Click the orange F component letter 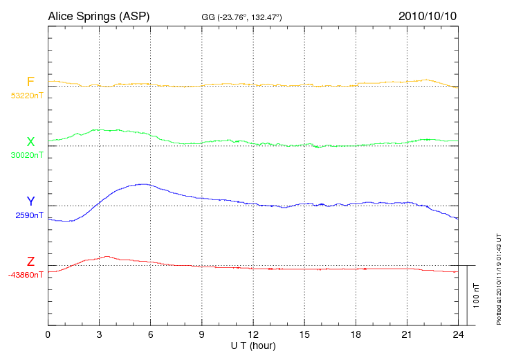point(30,82)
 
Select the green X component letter point(30,142)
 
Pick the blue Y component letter point(30,201)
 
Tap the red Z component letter point(30,262)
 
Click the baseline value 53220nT point(27,96)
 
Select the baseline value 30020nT point(27,155)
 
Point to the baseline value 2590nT point(29,215)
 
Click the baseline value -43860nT point(27,275)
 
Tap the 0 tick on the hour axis point(48,334)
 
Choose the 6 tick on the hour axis point(150,334)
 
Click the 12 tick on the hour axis point(252,334)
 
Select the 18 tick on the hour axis point(355,334)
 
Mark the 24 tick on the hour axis point(457,334)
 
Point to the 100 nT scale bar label point(475,295)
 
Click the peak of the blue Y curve point(143,184)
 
